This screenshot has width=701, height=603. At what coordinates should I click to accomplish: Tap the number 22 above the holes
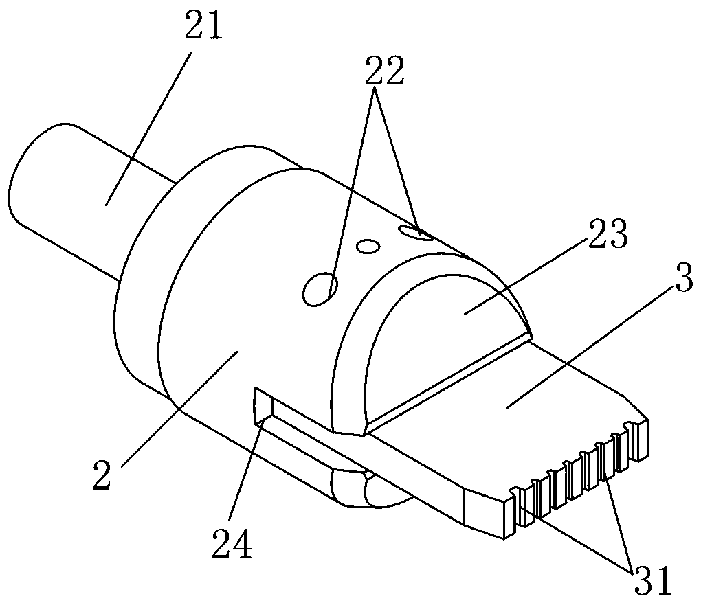[385, 71]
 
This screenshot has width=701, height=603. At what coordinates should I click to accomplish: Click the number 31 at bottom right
[653, 580]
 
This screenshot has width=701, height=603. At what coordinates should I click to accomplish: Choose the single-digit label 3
[684, 277]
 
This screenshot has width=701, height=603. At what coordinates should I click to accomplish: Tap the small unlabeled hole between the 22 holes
[368, 246]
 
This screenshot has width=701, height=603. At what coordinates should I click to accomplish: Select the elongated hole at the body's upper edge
[416, 233]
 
